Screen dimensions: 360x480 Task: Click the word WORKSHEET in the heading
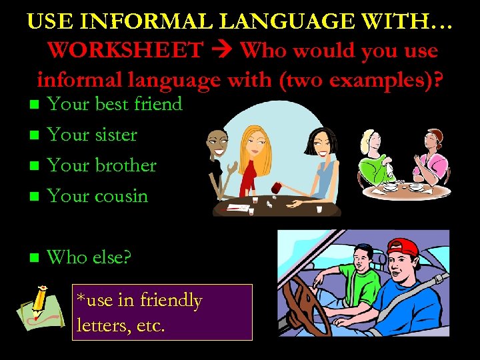125,50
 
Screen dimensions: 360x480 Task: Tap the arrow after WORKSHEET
224,50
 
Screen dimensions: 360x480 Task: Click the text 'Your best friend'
115,104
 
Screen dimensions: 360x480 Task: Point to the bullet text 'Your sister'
92,135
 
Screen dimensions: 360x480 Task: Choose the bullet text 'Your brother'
102,165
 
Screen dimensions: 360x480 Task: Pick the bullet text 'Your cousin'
97,196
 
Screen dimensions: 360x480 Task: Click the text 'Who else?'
90,257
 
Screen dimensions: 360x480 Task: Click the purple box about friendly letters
162,312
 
